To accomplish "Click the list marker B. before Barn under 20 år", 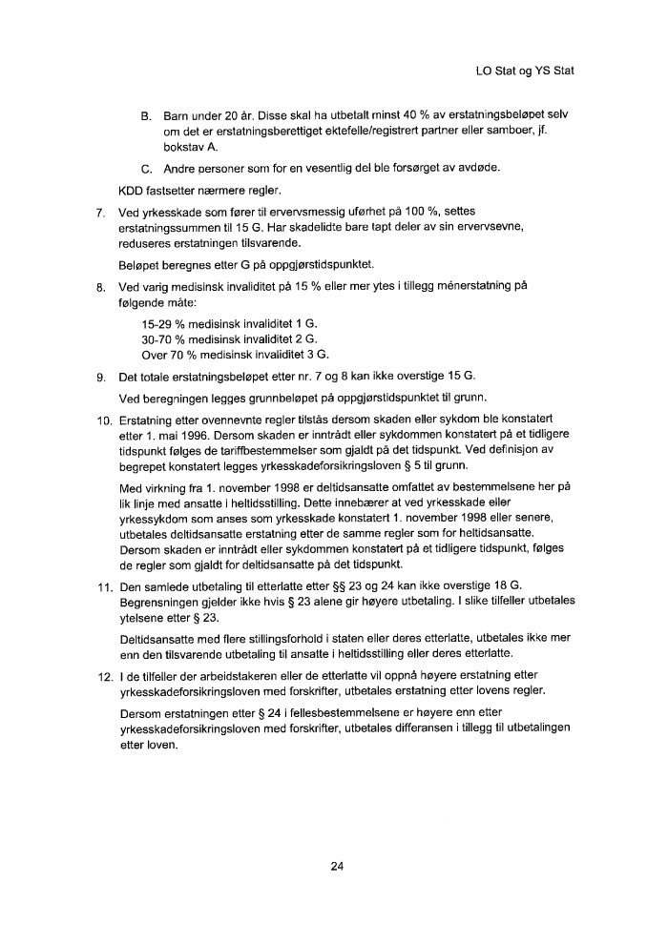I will point(147,115).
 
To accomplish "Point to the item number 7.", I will point(100,211).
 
